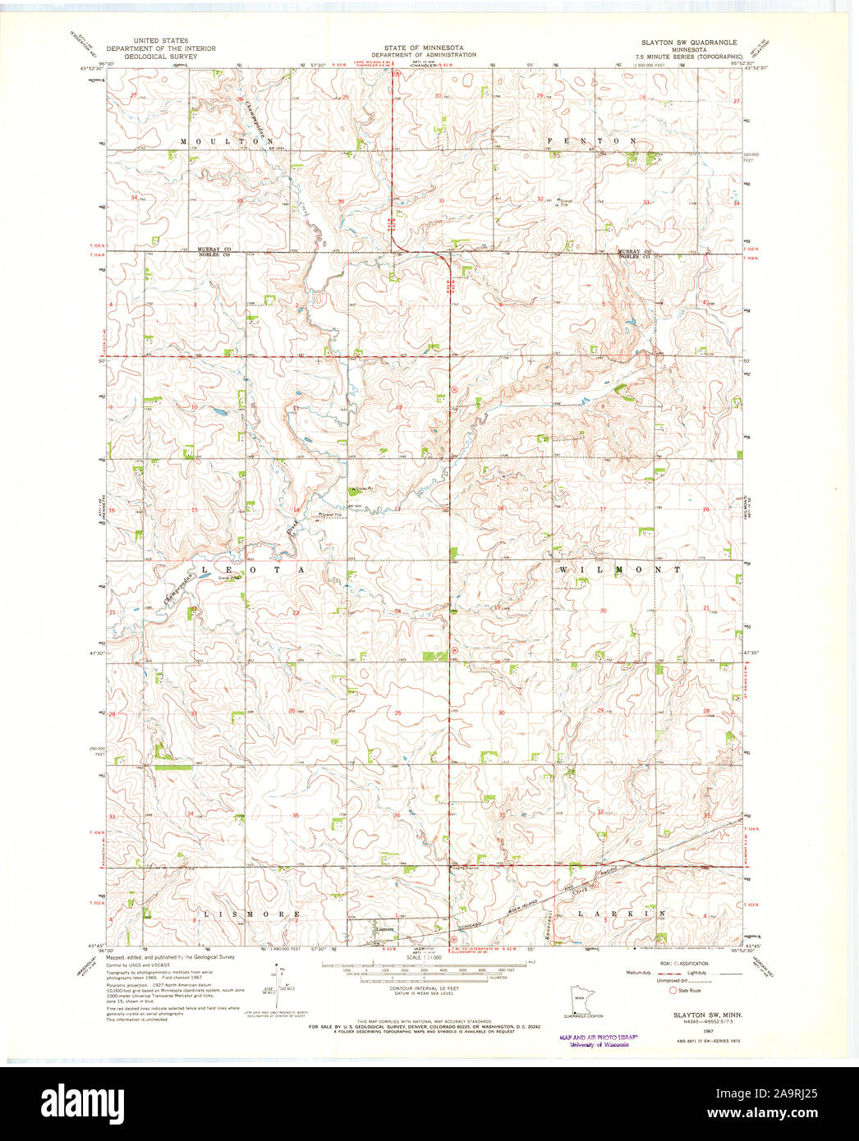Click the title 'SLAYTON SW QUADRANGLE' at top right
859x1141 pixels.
pos(689,41)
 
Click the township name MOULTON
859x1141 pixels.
pos(221,141)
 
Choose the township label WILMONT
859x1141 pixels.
pos(620,569)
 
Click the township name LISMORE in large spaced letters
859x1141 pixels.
pos(246,914)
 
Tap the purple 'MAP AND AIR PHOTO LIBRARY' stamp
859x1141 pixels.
pos(597,1040)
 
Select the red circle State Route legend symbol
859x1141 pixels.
pos(673,991)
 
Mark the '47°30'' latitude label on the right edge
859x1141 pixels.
pos(754,653)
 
